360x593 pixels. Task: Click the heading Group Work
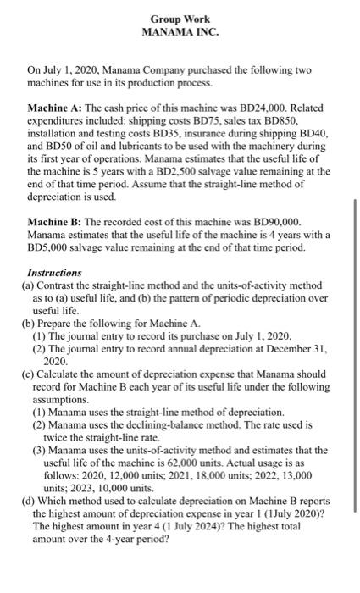(180, 19)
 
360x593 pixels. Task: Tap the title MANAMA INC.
(180, 32)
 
